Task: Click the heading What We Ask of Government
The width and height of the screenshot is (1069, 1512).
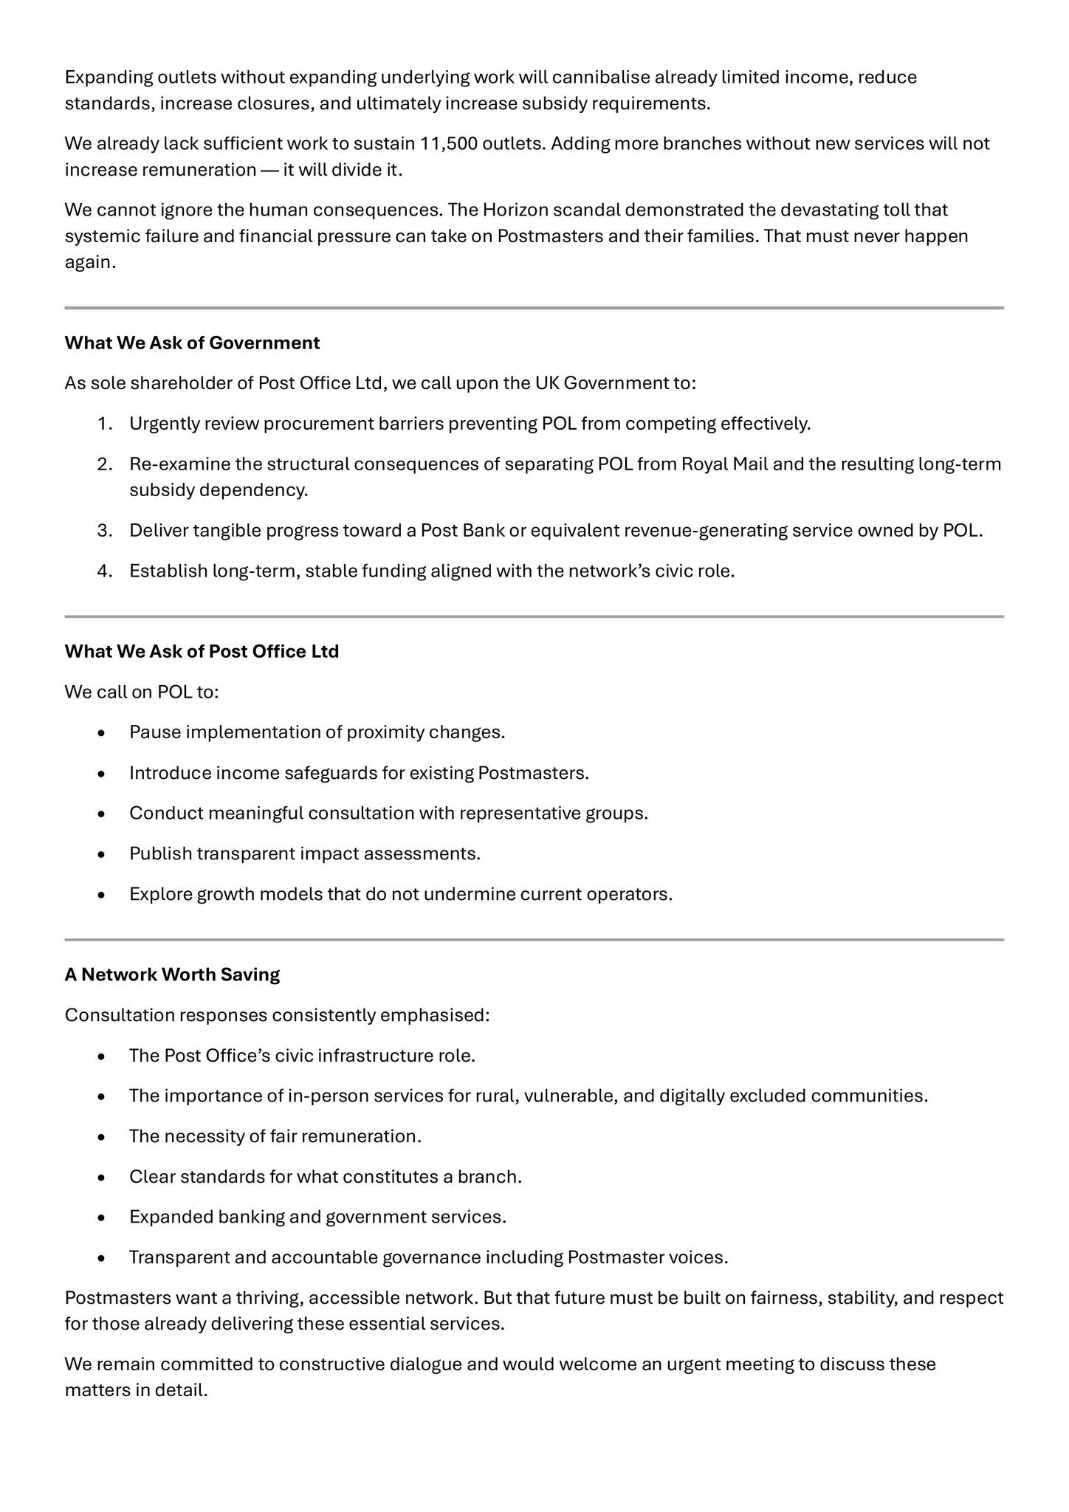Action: tap(192, 343)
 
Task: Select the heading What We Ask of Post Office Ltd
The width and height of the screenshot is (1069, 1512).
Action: tap(202, 651)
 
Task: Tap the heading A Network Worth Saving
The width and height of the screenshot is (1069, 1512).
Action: tap(172, 975)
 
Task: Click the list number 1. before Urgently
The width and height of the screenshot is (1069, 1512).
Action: tap(105, 424)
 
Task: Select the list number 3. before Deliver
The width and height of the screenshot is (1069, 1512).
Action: tap(105, 531)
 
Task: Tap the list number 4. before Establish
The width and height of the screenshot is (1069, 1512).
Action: tap(105, 571)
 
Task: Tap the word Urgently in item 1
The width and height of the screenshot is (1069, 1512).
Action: tap(165, 424)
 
